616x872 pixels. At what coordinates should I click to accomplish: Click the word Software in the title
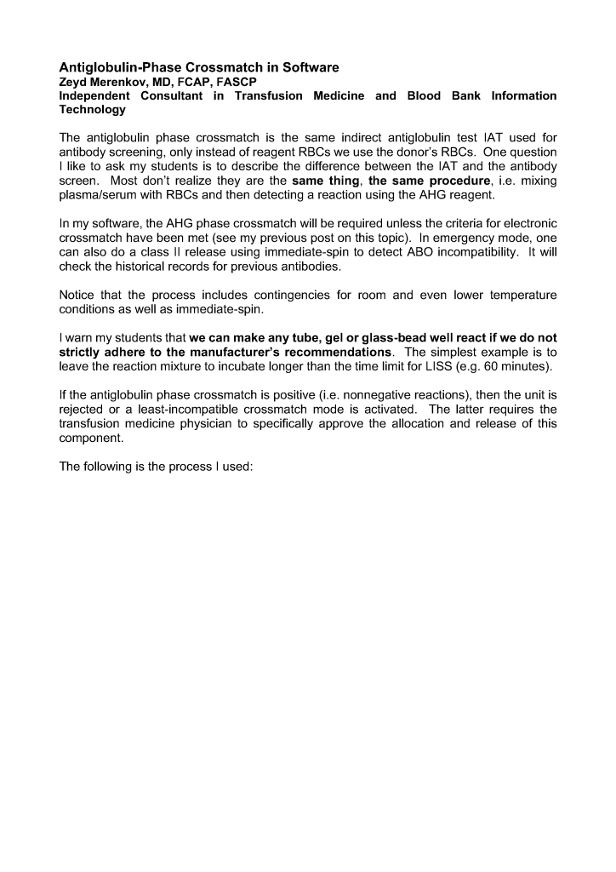coord(307,67)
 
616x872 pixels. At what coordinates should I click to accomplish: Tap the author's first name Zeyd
coord(74,82)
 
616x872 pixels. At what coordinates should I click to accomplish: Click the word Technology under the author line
coord(92,109)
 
